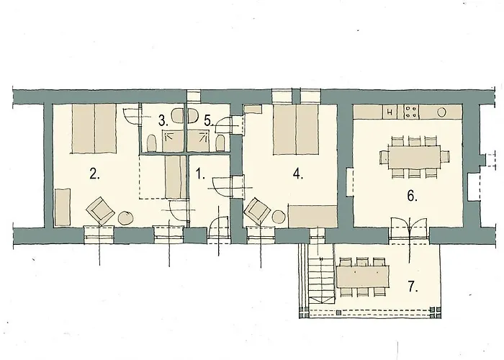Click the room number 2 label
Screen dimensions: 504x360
point(94,174)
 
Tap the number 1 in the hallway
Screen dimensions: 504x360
point(200,174)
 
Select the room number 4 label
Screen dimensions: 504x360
point(298,174)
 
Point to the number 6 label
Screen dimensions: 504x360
point(413,196)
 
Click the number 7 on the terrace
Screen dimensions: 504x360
point(413,287)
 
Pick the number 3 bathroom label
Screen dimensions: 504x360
point(163,121)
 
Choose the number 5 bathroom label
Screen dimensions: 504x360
point(209,121)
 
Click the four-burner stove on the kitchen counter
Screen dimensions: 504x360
point(411,112)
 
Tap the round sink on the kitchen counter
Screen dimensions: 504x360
point(441,112)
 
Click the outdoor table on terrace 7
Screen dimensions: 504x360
point(363,276)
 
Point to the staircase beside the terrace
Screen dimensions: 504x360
point(321,279)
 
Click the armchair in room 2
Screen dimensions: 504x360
point(101,211)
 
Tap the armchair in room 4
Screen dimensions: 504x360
point(257,211)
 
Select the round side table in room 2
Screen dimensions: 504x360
point(126,217)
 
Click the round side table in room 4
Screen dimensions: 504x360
point(279,216)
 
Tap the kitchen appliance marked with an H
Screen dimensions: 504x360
point(390,112)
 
